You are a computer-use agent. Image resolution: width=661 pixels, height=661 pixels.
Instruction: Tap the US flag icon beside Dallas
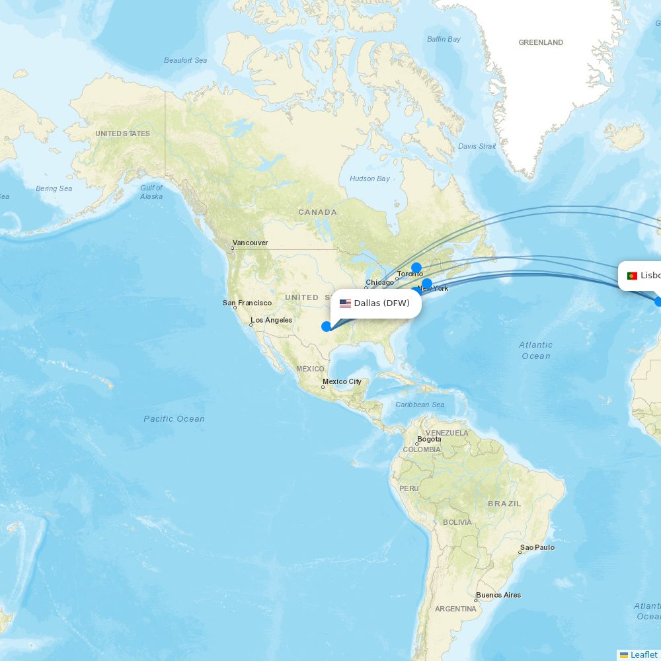point(345,303)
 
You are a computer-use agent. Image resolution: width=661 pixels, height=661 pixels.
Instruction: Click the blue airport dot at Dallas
point(327,327)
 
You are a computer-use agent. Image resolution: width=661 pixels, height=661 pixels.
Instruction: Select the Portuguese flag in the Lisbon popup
point(632,276)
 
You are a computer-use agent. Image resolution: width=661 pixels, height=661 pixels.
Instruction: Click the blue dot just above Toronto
point(416,268)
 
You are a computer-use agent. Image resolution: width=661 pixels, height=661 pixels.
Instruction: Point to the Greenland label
point(541,42)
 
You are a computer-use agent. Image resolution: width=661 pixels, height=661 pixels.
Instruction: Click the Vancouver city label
point(250,243)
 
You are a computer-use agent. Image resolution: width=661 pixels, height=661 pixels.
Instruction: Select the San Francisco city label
point(247,303)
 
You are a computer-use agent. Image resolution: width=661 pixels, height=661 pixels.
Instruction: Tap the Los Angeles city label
point(271,320)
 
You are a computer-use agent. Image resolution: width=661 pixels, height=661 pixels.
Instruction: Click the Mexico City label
point(342,381)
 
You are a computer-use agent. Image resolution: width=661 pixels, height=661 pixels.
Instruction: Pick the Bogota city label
point(429,439)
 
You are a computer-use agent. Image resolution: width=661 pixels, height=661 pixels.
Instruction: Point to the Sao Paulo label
point(537,547)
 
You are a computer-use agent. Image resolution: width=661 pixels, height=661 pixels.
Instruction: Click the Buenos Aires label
point(498,595)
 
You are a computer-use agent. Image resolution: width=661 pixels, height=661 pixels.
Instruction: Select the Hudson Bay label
point(369,178)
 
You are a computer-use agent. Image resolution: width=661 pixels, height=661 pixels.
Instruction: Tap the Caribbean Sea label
point(420,405)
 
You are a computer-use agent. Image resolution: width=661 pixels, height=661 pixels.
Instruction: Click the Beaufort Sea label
point(185,60)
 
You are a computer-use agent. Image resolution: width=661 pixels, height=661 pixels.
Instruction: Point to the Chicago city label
point(379,282)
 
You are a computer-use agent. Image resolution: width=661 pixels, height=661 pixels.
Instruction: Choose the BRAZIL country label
point(504,504)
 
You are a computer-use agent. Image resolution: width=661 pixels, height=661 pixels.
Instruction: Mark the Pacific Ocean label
point(174,418)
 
